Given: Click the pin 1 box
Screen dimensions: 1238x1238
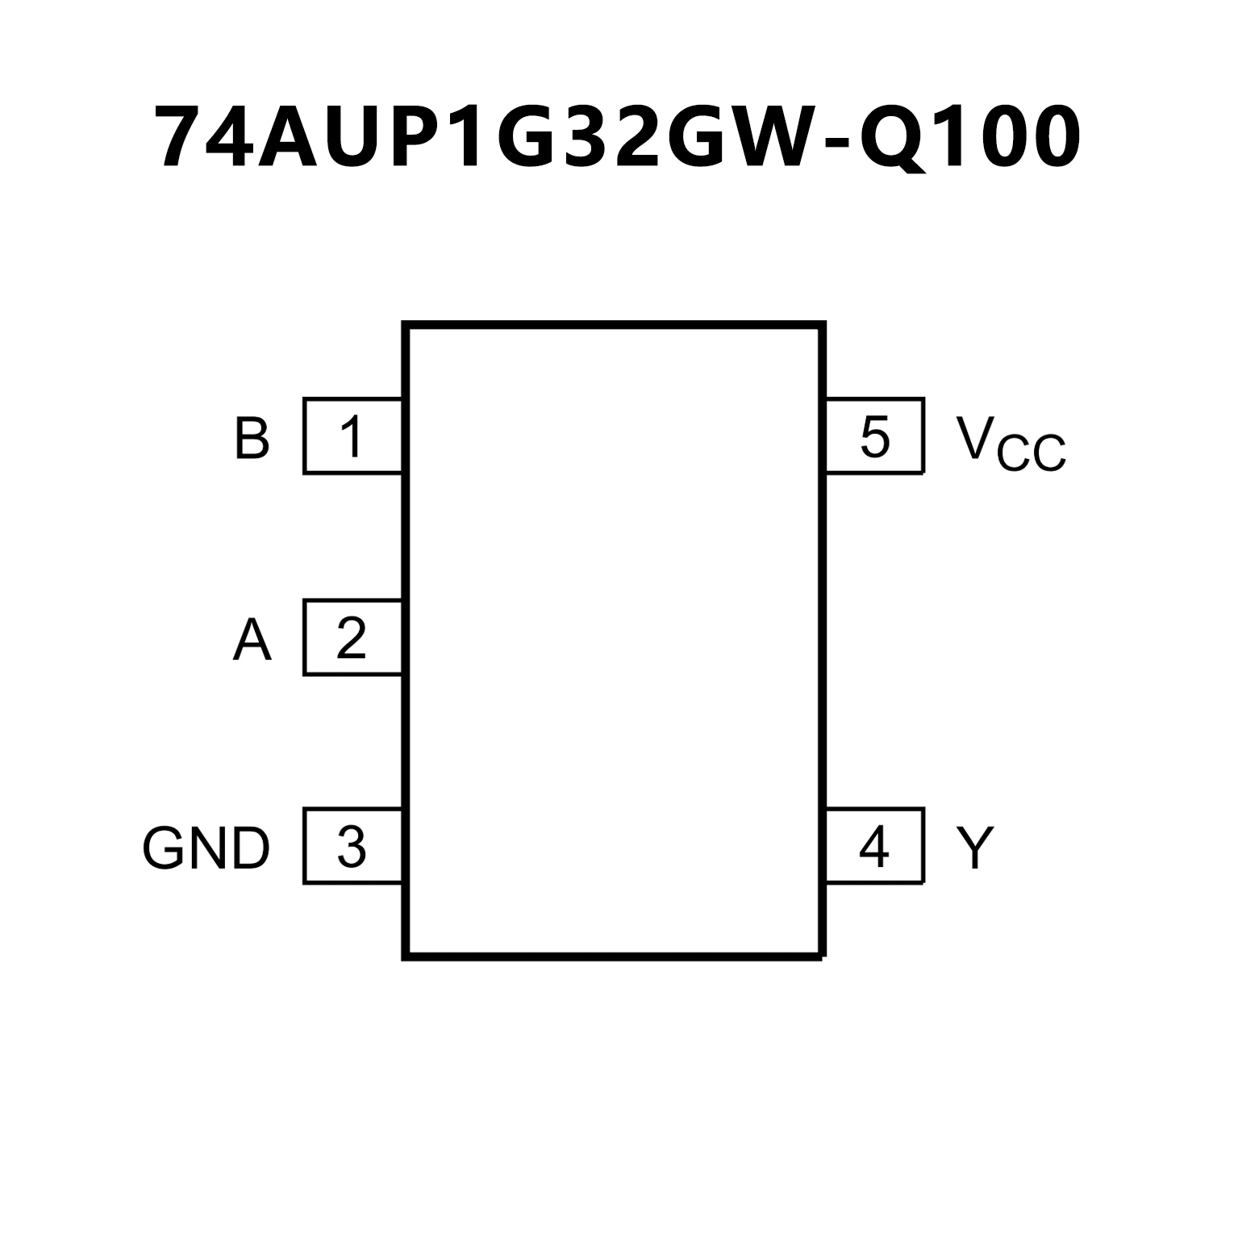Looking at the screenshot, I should pyautogui.click(x=352, y=436).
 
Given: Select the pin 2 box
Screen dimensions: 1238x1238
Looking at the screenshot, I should pyautogui.click(x=352, y=637).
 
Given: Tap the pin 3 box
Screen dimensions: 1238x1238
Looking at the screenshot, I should pyautogui.click(x=352, y=846).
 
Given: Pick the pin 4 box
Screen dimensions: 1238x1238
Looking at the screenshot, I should pyautogui.click(x=874, y=846).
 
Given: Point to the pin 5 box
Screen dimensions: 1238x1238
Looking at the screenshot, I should pyautogui.click(x=874, y=436).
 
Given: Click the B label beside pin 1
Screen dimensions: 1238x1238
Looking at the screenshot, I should pyautogui.click(x=252, y=438).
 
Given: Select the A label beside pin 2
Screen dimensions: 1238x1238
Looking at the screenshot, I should pyautogui.click(x=252, y=641).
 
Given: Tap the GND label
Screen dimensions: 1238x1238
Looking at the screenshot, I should pyautogui.click(x=206, y=848).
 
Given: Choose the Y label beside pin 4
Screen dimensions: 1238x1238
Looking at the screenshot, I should pyautogui.click(x=975, y=848).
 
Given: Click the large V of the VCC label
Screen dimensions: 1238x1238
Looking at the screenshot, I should pyautogui.click(x=975, y=436).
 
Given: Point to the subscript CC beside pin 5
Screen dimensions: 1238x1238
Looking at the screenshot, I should pyautogui.click(x=1032, y=454).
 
